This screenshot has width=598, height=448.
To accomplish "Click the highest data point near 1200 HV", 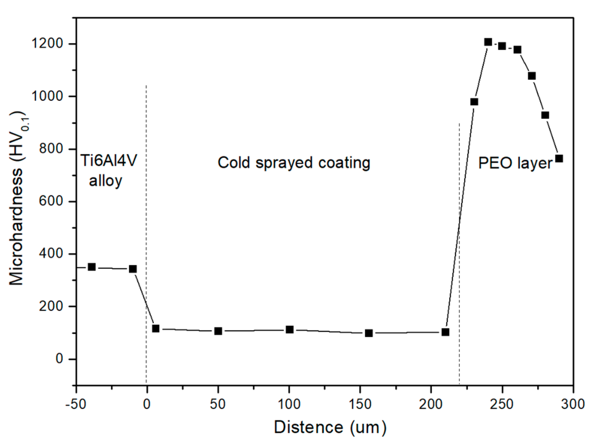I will [488, 42].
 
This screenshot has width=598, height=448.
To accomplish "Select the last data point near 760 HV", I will [559, 159].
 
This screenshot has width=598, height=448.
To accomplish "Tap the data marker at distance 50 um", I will [218, 331].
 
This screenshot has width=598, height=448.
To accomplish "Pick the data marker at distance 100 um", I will [290, 329].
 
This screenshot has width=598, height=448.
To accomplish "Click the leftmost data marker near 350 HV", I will [92, 267].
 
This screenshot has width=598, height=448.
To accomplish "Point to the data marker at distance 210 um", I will [445, 332].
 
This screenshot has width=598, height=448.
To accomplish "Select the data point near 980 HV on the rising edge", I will [474, 102].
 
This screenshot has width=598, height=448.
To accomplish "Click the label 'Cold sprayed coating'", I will [294, 163].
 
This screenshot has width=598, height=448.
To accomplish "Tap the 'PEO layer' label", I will [515, 163].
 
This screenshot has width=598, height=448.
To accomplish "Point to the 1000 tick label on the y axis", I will [47, 96].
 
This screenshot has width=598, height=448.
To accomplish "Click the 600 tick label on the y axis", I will [51, 201].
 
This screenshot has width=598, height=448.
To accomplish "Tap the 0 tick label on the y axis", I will [59, 359].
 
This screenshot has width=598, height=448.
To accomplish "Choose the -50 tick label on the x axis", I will [76, 404].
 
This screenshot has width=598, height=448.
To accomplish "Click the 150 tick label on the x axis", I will [360, 404].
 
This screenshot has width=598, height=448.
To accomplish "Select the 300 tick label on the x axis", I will [573, 404].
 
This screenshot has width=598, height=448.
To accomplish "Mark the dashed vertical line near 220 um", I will [459, 248].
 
